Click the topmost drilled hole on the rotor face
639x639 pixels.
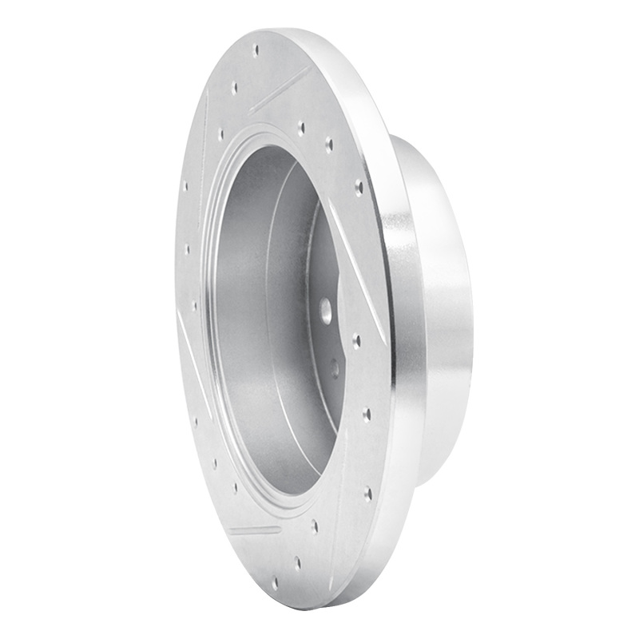click(x=256, y=50)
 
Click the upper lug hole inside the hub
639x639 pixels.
click(x=326, y=311)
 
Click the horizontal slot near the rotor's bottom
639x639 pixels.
click(x=254, y=530)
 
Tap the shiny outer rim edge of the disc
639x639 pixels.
click(x=391, y=319)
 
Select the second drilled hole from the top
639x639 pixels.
click(x=234, y=85)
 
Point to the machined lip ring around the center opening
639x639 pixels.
click(x=209, y=319)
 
